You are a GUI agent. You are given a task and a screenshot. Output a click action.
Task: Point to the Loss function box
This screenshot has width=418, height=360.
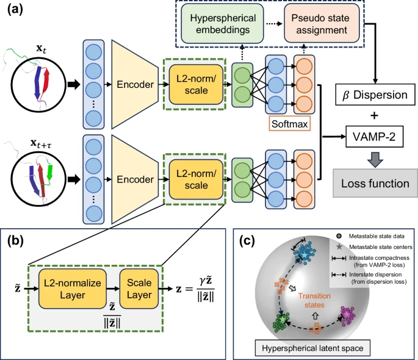click(374, 182)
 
